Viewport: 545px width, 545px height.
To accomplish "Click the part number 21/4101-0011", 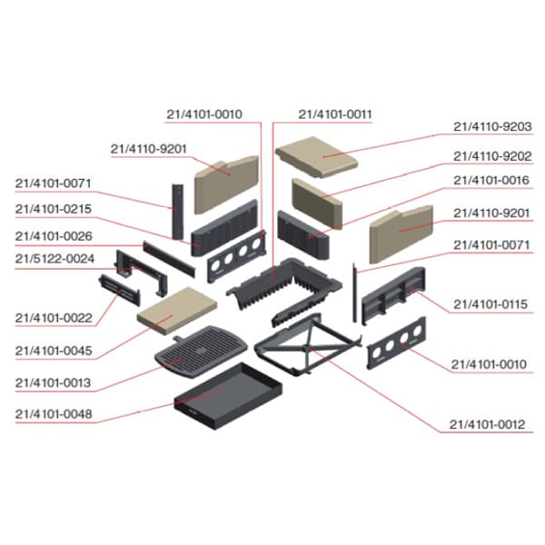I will coord(335,114).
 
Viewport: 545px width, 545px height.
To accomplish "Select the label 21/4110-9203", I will coord(491,127).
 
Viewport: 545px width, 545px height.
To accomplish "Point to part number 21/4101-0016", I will coord(491,181).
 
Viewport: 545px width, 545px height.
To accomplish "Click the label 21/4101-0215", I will coord(53,209).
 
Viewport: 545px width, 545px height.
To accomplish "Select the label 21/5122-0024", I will coord(53,258).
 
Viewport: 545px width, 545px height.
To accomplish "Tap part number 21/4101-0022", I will coord(53,318).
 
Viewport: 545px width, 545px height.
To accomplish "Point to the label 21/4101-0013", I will coord(53,383).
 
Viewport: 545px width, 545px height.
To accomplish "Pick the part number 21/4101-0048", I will coord(53,414).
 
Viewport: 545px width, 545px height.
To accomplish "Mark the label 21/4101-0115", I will coord(491,303).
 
